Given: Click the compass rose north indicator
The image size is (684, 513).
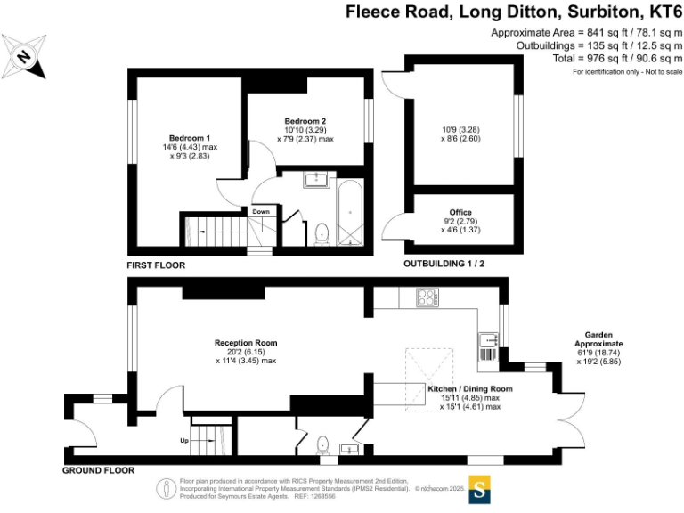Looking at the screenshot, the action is click(23, 57).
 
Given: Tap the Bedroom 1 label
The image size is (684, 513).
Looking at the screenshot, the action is click(190, 138).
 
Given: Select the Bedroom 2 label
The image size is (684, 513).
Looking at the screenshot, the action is click(305, 121).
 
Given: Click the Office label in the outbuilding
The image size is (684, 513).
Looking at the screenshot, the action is click(460, 212).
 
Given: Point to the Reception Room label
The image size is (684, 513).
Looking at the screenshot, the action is click(246, 343).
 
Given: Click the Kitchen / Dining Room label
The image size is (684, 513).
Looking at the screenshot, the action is click(470, 388).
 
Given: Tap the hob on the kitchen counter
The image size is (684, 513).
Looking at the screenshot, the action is click(427, 297).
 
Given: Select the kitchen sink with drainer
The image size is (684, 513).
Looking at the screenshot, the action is click(489, 347).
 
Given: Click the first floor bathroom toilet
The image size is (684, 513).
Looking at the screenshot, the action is click(322, 234).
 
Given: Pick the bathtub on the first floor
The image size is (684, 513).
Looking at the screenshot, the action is click(350, 213).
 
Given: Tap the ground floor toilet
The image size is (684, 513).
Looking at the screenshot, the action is click(322, 444).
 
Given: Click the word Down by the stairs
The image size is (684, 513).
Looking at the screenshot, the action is click(261, 212).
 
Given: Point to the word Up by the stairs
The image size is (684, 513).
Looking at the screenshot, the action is click(184, 441).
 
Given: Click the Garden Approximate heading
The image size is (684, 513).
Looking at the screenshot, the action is click(598, 339).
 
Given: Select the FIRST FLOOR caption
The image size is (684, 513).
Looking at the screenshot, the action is click(156, 265).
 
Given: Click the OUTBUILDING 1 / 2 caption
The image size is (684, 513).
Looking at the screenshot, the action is click(444, 264).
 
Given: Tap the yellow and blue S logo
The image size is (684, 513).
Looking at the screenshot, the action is click(479, 490).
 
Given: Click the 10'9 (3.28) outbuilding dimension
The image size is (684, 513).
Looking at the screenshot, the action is click(460, 129).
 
